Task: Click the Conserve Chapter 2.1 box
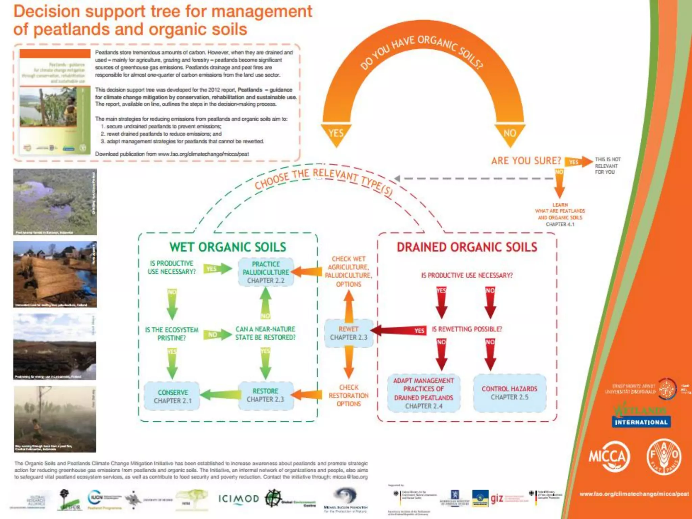point(172,396)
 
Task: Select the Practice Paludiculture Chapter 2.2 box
point(266,272)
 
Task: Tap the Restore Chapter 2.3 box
point(265,395)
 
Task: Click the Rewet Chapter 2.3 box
point(348,333)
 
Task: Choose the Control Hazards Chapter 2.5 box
point(509,393)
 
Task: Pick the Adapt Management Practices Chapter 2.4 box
point(423,393)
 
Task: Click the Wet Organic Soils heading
point(228,247)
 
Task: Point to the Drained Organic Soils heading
point(467,247)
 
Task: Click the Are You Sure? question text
point(526,161)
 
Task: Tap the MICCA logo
point(609,457)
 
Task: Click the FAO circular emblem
point(664,457)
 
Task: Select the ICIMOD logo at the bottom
point(239,499)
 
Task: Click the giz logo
point(497,498)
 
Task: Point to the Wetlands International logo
point(641,416)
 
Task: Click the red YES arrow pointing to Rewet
point(399,330)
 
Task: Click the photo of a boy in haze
point(55,419)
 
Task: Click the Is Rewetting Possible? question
point(467,329)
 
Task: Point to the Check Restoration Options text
point(348,395)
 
